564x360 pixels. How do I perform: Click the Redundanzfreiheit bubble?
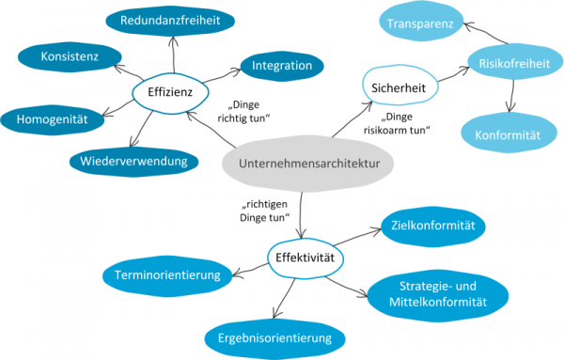[172, 19]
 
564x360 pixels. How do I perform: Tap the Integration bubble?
[282, 66]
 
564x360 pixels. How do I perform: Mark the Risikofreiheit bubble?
[509, 65]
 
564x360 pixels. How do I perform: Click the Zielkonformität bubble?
[432, 226]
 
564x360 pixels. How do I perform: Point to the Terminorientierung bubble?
[167, 275]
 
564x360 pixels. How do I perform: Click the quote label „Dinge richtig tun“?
[250, 113]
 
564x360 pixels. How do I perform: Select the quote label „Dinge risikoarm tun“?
[407, 123]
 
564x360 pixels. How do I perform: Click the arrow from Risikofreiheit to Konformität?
[509, 97]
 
